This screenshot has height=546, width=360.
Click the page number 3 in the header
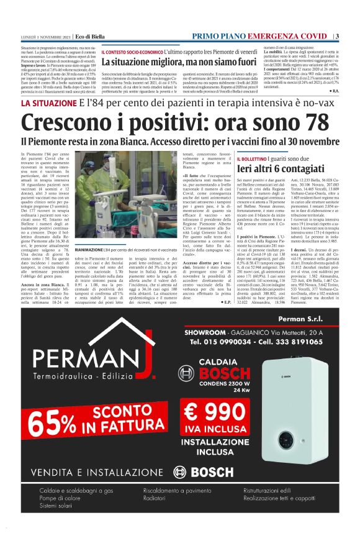[337, 36]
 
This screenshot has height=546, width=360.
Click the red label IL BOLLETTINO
[256, 160]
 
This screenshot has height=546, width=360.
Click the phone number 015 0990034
[224, 342]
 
